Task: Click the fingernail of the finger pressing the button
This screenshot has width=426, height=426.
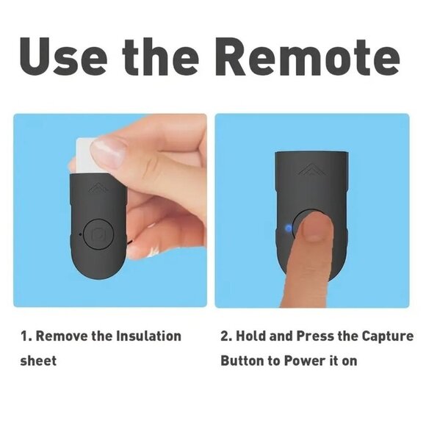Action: point(314,229)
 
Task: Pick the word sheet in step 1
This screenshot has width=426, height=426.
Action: point(38,361)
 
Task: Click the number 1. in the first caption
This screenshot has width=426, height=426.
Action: point(26,336)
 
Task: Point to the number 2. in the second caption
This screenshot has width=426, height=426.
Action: point(227,336)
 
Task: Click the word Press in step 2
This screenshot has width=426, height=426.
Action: point(314,336)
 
